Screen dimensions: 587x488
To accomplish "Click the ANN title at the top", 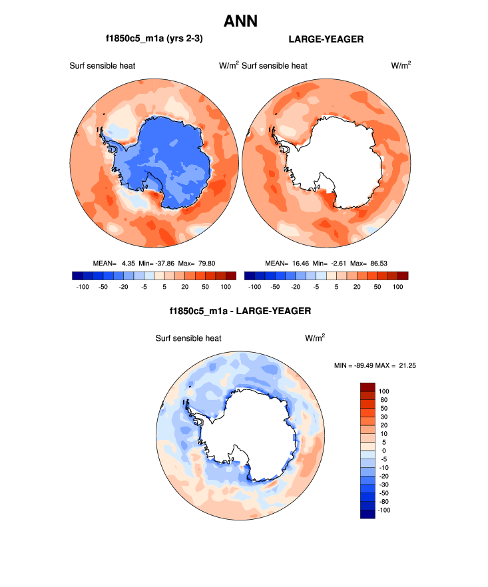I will [240, 21].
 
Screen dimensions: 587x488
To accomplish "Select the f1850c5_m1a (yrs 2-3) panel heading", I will [154, 39].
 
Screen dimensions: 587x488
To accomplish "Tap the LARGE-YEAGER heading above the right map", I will [326, 39].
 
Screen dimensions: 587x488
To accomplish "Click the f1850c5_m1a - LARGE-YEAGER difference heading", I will [241, 311].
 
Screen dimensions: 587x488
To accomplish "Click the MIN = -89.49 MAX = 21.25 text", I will [375, 365].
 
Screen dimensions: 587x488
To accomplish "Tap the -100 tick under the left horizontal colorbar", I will [79, 286].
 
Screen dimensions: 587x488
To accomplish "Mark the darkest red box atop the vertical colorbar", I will [368, 387].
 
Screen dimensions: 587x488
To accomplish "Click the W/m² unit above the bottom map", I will [315, 338].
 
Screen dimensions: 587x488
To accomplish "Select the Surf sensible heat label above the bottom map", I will [188, 338].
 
